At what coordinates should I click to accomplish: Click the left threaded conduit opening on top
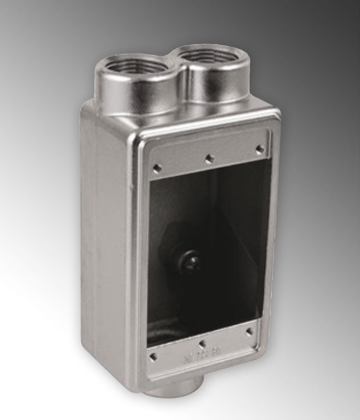[x=130, y=68]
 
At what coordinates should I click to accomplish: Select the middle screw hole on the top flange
[x=209, y=157]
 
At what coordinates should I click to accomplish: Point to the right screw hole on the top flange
[x=259, y=149]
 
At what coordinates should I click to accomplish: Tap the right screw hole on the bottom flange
[x=249, y=330]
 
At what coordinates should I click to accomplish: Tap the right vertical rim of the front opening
[x=269, y=240]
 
